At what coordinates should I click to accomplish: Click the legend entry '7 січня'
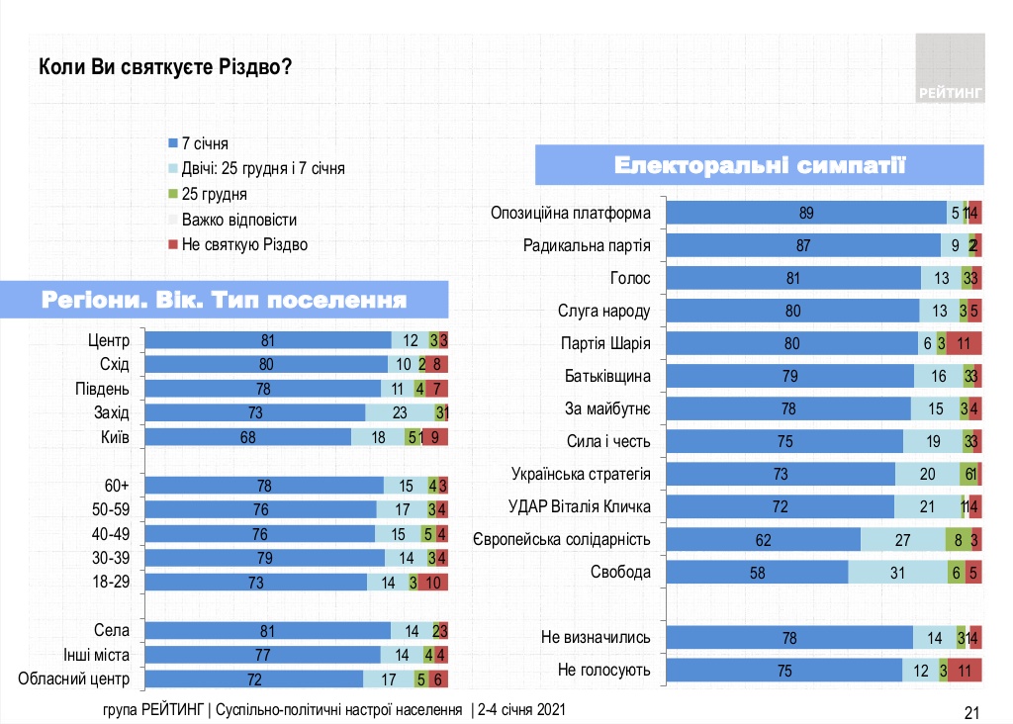click(206, 144)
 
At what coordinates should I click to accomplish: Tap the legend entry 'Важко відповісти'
click(238, 220)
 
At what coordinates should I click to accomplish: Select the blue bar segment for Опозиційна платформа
click(805, 213)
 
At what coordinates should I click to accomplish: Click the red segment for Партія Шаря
click(964, 343)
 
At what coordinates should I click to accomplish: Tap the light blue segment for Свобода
click(897, 572)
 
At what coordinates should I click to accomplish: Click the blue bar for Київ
click(248, 436)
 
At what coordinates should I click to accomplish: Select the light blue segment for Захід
click(400, 412)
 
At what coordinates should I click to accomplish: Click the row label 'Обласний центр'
click(75, 679)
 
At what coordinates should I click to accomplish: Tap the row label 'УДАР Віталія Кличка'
click(583, 506)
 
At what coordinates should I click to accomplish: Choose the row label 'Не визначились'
click(596, 638)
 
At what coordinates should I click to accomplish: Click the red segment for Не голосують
click(965, 671)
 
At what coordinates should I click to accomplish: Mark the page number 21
click(970, 712)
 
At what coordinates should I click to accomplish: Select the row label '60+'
click(118, 485)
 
